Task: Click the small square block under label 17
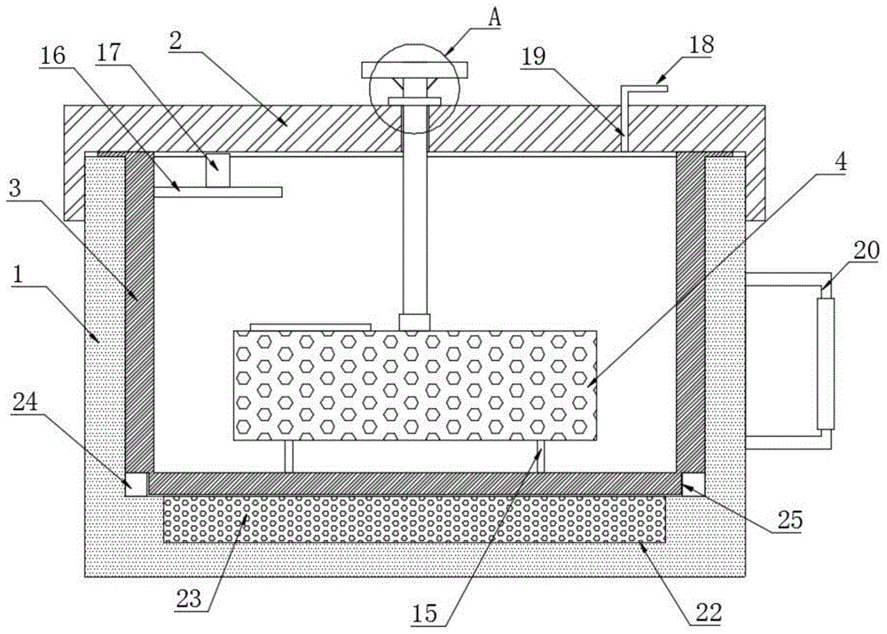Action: pyautogui.click(x=218, y=170)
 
